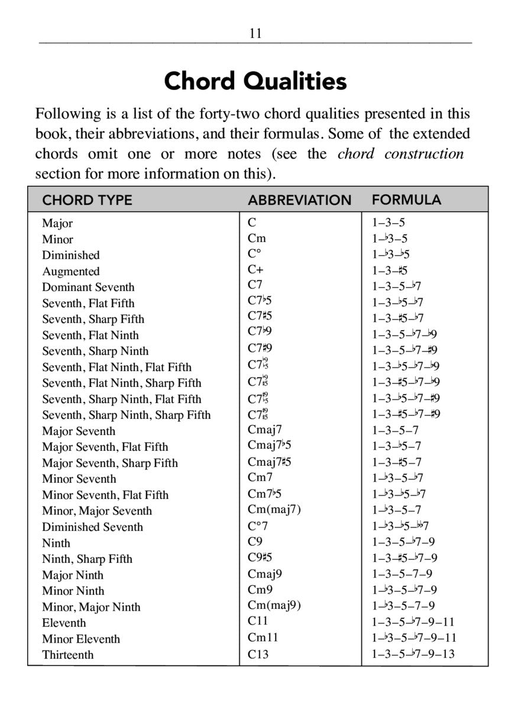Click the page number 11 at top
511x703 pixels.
coord(256,33)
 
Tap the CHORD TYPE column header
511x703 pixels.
coord(87,200)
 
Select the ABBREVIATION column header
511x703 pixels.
coord(299,200)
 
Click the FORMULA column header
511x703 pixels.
coord(406,200)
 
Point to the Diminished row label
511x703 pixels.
coord(70,255)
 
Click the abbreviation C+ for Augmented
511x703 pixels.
coord(256,270)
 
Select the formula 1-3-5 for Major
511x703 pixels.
coord(389,223)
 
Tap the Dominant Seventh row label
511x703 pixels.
coord(88,287)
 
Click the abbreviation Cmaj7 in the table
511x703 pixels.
coord(265,430)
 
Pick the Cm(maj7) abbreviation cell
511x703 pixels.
coord(274,509)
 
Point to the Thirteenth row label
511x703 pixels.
coord(67,654)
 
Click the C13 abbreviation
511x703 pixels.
coord(259,654)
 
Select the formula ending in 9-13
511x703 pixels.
coord(413,654)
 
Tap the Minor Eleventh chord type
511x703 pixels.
coord(81,638)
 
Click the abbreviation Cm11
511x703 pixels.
coord(263,638)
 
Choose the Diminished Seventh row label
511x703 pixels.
coord(92,527)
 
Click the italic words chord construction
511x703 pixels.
coord(400,154)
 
